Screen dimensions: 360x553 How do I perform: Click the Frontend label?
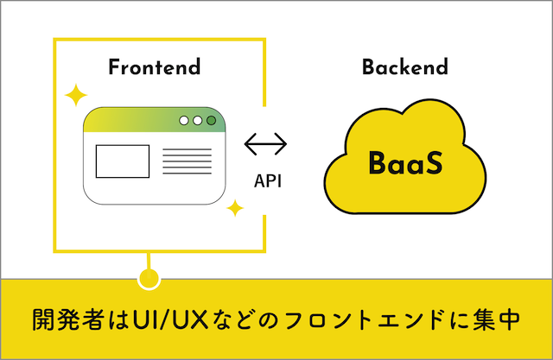pyautogui.click(x=154, y=67)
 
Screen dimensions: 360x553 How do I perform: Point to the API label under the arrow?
pyautogui.click(x=266, y=182)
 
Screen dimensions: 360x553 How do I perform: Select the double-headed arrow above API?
pyautogui.click(x=265, y=142)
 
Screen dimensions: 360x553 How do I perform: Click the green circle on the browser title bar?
pyautogui.click(x=212, y=121)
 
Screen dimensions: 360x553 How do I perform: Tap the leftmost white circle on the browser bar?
pyautogui.click(x=183, y=121)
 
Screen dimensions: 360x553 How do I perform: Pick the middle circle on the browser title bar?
pyautogui.click(x=197, y=121)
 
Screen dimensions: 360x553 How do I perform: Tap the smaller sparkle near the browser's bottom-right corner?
pyautogui.click(x=234, y=208)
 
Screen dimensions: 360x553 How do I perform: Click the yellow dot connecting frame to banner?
pyautogui.click(x=149, y=278)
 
